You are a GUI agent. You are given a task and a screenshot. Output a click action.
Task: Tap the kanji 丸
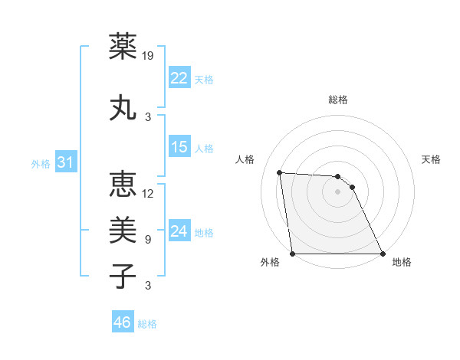tap(123, 107)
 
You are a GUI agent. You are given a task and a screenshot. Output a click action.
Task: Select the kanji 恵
tap(123, 184)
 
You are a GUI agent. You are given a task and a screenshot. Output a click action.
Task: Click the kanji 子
tap(123, 276)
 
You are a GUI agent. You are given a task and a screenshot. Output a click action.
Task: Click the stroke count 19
tap(149, 55)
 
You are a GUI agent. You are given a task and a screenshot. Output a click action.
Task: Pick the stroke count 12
tap(149, 193)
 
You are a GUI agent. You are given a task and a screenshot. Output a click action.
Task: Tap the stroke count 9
tap(147, 239)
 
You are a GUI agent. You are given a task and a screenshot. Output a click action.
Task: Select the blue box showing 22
tap(179, 77)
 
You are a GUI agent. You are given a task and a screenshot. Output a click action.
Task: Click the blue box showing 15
tap(179, 147)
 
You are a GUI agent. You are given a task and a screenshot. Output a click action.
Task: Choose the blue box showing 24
tap(179, 231)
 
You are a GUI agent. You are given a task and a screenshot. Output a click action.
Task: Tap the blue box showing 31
tap(65, 162)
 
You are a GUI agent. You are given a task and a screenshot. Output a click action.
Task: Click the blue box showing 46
tap(123, 322)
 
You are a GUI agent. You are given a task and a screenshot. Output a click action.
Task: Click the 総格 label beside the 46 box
tap(147, 324)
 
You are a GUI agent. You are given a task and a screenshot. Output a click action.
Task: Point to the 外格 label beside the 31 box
tap(41, 164)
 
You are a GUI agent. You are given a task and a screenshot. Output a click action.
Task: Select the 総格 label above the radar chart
tap(337, 100)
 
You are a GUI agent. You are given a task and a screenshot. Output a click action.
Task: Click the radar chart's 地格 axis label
tap(402, 262)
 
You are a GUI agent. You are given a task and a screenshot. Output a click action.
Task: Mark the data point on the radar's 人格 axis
tap(280, 172)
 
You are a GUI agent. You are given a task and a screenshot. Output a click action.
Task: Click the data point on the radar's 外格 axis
tap(292, 254)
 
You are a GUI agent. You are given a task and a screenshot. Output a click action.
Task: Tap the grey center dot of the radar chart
tap(337, 191)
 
